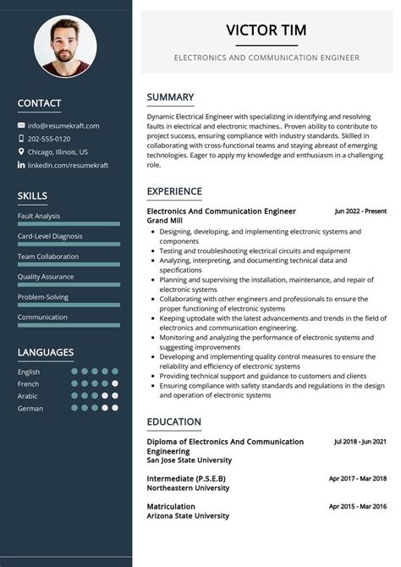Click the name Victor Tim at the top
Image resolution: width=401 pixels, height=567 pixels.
click(266, 30)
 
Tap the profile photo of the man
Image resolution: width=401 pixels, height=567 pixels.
click(65, 47)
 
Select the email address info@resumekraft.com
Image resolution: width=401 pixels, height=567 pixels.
click(63, 125)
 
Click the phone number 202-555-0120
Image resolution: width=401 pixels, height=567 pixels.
click(49, 139)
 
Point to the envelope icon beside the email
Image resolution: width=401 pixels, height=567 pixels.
click(21, 125)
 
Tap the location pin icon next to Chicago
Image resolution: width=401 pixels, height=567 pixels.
click(21, 151)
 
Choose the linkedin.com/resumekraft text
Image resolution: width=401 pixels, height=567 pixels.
click(64, 165)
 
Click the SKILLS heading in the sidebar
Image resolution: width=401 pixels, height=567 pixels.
click(32, 196)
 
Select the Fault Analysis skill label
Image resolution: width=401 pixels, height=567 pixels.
click(39, 216)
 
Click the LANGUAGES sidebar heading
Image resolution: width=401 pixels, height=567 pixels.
click(46, 352)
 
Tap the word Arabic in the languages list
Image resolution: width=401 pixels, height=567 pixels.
click(28, 396)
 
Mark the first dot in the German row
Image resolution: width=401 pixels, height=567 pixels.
click(75, 408)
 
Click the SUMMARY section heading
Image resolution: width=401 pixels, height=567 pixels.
click(170, 96)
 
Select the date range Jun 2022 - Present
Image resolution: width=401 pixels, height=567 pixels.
click(360, 211)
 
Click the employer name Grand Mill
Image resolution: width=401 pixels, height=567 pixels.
click(165, 221)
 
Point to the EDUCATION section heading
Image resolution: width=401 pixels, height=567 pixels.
click(173, 421)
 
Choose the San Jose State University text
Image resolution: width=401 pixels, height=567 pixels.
click(189, 460)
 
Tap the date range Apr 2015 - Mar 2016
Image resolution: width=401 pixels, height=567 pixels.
click(358, 506)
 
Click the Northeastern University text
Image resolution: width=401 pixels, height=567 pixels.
click(188, 488)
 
